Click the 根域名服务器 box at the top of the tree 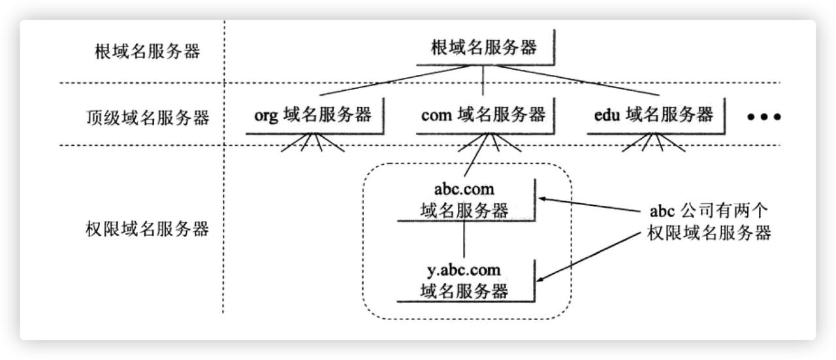point(484,48)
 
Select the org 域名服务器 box point(313,116)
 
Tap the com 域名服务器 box point(483,116)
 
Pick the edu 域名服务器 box point(654,116)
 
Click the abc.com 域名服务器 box point(464,200)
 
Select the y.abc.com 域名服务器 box point(464,280)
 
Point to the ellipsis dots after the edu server point(764,118)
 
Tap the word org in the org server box point(267,116)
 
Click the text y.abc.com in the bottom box point(464,270)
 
